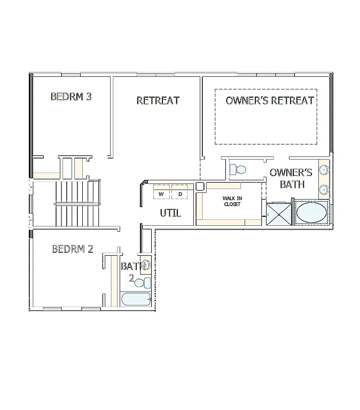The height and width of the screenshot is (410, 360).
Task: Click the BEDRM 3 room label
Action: (71, 97)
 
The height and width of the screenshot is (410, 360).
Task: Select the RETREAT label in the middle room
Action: (158, 100)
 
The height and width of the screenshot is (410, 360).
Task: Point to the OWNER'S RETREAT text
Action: (269, 100)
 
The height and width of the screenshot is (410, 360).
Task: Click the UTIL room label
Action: (170, 214)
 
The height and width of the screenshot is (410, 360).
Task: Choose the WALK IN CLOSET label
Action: (232, 201)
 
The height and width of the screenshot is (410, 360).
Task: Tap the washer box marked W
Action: (161, 193)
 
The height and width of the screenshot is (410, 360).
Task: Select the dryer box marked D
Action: (180, 193)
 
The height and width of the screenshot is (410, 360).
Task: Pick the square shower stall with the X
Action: (278, 215)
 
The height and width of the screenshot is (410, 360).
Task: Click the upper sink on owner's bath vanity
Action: (324, 171)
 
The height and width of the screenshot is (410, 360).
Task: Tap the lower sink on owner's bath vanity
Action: (324, 189)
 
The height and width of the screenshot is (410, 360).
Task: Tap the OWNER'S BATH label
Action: (291, 178)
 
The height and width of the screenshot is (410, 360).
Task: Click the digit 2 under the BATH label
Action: (131, 278)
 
